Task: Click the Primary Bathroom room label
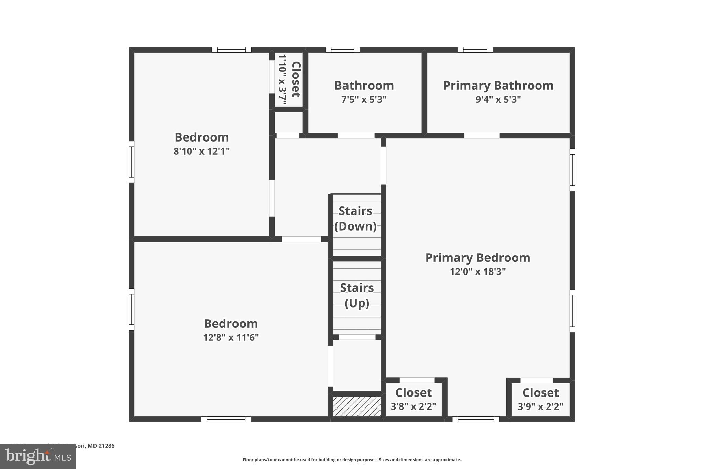click(x=498, y=86)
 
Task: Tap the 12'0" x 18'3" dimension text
click(x=478, y=272)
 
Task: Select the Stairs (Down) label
click(x=355, y=219)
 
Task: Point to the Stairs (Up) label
click(x=357, y=295)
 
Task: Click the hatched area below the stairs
click(x=357, y=406)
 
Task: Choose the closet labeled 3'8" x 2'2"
click(x=414, y=399)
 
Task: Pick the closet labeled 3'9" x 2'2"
click(x=540, y=399)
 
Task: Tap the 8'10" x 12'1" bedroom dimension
click(x=201, y=151)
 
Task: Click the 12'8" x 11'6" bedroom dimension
click(x=231, y=337)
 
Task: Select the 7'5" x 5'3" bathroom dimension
click(x=364, y=100)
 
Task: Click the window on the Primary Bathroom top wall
click(x=475, y=50)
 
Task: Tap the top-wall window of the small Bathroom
click(x=342, y=50)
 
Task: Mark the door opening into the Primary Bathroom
click(x=482, y=136)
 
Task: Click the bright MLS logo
click(x=38, y=456)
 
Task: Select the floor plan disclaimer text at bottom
click(x=352, y=460)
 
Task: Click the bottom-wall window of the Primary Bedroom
click(x=476, y=419)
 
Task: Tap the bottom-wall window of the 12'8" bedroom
click(x=226, y=419)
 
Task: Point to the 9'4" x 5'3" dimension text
click(x=498, y=100)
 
